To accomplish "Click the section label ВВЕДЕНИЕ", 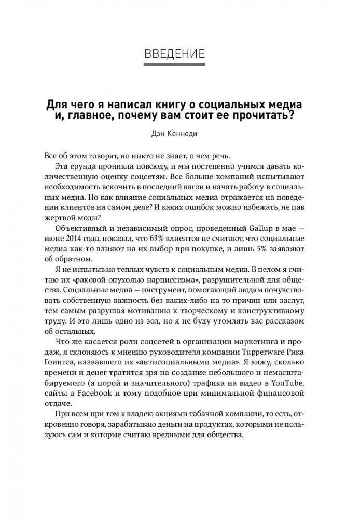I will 180,52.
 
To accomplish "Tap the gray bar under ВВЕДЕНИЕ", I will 180,65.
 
